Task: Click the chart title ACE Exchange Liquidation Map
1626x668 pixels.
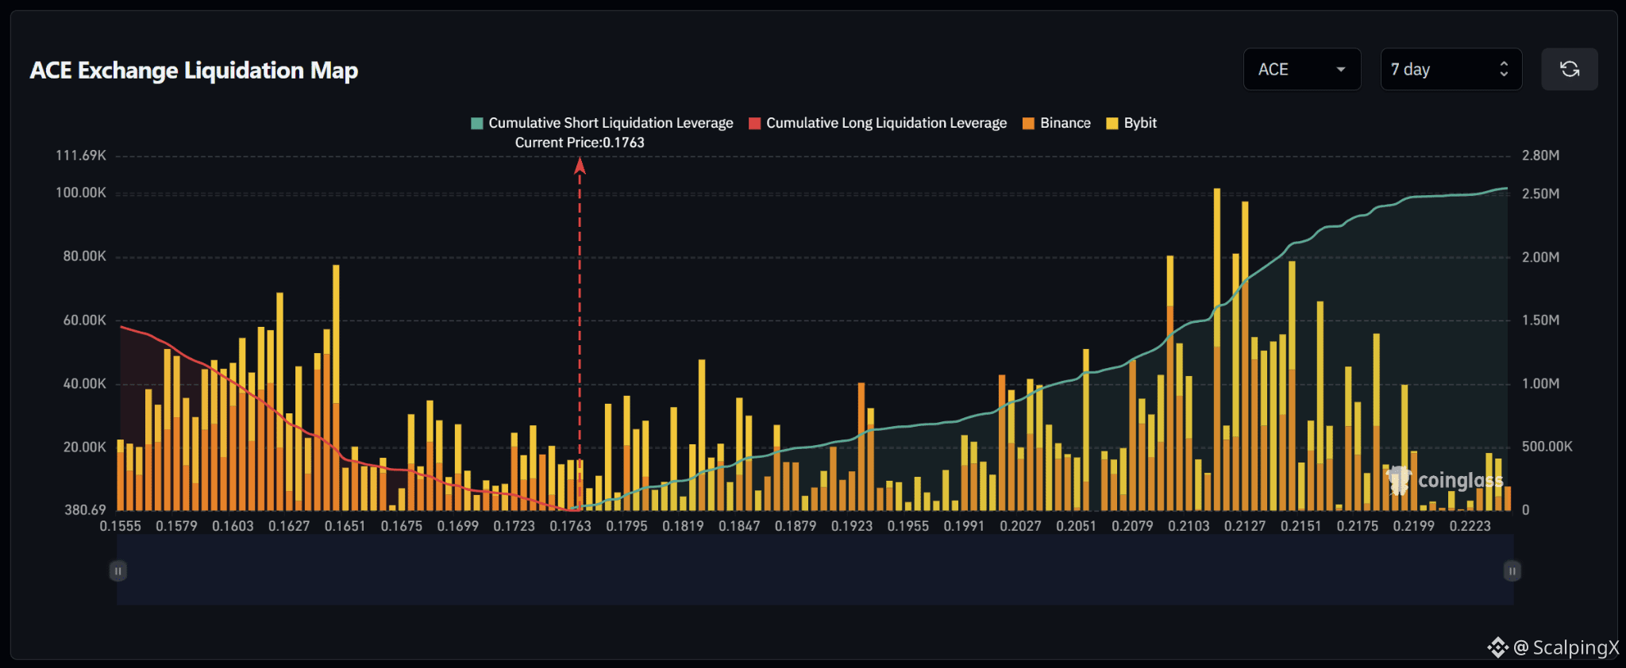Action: (194, 71)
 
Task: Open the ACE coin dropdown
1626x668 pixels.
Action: (1302, 69)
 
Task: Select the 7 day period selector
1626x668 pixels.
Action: (1451, 69)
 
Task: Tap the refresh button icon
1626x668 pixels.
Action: (1570, 69)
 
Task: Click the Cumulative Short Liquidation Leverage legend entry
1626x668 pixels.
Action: (603, 123)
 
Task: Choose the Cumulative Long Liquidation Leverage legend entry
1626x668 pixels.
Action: (878, 123)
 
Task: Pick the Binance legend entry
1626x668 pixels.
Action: (1057, 123)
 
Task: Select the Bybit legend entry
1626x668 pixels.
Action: (1131, 123)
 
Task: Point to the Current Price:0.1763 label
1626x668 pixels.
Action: (580, 143)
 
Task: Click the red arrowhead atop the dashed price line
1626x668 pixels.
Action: (580, 165)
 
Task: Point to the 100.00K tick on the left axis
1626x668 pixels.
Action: (81, 193)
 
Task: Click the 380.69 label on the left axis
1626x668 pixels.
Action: (85, 510)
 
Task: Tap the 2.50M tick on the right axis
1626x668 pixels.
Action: (1541, 194)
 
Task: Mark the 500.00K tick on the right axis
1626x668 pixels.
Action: (1547, 447)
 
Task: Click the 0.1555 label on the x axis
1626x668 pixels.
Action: (121, 526)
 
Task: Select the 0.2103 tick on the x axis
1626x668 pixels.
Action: (1189, 526)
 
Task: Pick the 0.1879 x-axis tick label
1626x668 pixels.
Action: (796, 526)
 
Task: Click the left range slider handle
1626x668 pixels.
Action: (118, 571)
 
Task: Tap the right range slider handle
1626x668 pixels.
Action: (1512, 571)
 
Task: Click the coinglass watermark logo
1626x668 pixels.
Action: (1445, 480)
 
